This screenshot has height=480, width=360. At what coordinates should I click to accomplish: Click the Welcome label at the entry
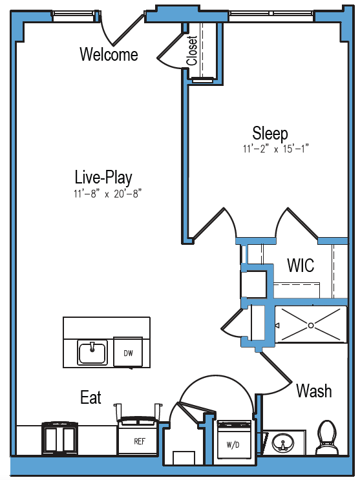point(109,54)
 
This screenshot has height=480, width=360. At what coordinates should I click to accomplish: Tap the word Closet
point(192,50)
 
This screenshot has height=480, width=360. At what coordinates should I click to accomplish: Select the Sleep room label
point(270,133)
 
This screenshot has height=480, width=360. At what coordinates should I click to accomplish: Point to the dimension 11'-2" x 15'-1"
point(276,149)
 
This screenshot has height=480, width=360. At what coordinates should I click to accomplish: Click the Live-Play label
point(103,178)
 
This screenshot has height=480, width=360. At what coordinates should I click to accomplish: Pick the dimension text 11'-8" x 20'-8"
point(107,194)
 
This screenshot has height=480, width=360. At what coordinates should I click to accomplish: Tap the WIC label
point(301,266)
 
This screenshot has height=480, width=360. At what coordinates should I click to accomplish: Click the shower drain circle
point(311,326)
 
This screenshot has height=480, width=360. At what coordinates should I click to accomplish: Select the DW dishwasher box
point(128,352)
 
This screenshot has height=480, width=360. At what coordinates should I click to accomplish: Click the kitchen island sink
point(92,353)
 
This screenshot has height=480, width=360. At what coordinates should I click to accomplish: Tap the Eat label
point(90,397)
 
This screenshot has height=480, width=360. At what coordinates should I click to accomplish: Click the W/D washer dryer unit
point(234,440)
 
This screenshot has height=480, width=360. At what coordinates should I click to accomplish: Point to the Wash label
point(314,391)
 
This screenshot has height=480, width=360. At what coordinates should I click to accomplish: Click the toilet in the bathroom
point(327,437)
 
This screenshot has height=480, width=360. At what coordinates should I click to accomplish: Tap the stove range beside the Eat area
point(59,438)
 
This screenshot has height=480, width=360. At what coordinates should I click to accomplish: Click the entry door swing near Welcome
point(128,29)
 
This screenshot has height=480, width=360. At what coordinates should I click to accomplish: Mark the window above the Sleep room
point(271,14)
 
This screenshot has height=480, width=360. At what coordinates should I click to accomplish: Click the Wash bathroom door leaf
point(275,368)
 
